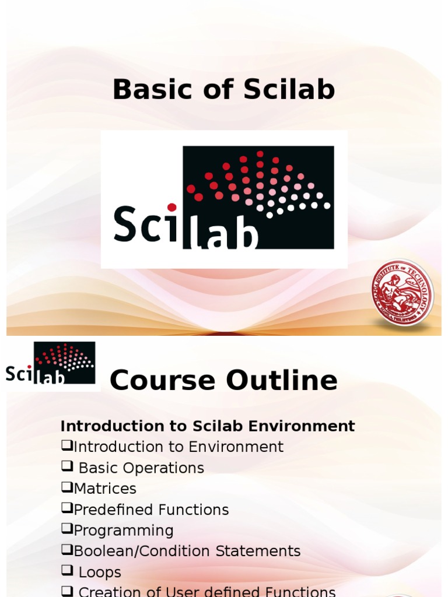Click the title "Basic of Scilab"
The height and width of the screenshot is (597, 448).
[x=223, y=90]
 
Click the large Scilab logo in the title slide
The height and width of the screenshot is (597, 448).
[x=224, y=198]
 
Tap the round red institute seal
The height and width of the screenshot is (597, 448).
[x=402, y=293]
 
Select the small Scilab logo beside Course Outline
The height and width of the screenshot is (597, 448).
[x=51, y=363]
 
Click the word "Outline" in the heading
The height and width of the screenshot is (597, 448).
[x=282, y=381]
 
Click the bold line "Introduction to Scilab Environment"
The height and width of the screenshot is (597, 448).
[x=208, y=426]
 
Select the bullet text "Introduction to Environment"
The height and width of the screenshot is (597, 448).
[x=178, y=447]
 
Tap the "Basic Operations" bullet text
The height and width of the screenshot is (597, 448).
[x=141, y=468]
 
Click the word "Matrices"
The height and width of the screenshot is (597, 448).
[x=105, y=489]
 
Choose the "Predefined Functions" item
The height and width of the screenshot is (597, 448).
[x=151, y=510]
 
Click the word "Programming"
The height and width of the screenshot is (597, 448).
[x=124, y=531]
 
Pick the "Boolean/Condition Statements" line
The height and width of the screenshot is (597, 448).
[x=187, y=551]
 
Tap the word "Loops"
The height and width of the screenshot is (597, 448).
[x=100, y=573]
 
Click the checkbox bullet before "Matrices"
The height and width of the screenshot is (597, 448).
[x=66, y=487]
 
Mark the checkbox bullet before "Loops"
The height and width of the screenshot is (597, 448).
[x=66, y=571]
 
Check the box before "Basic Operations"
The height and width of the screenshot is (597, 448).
[x=66, y=466]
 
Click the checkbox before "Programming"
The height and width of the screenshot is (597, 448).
[x=66, y=529]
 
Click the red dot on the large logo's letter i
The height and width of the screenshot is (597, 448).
[x=171, y=207]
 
